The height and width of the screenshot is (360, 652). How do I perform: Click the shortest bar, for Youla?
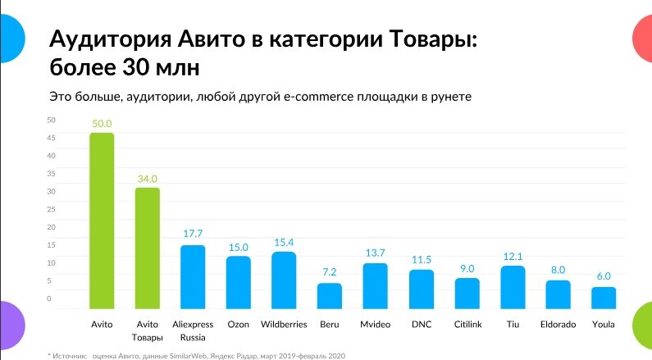604,298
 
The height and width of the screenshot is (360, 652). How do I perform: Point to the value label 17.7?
193,233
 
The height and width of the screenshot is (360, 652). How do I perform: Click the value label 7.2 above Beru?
329,271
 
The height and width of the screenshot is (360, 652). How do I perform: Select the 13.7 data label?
375,251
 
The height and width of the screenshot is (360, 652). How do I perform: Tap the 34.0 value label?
148,178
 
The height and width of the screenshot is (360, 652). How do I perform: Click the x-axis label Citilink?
467,325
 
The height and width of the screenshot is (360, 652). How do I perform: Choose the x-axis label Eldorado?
559,325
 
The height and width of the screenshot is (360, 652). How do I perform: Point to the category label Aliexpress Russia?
193,330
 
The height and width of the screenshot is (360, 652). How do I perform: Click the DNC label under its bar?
421,325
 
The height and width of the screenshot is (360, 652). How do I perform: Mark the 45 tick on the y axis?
51,138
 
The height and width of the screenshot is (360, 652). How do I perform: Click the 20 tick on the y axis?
51,227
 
